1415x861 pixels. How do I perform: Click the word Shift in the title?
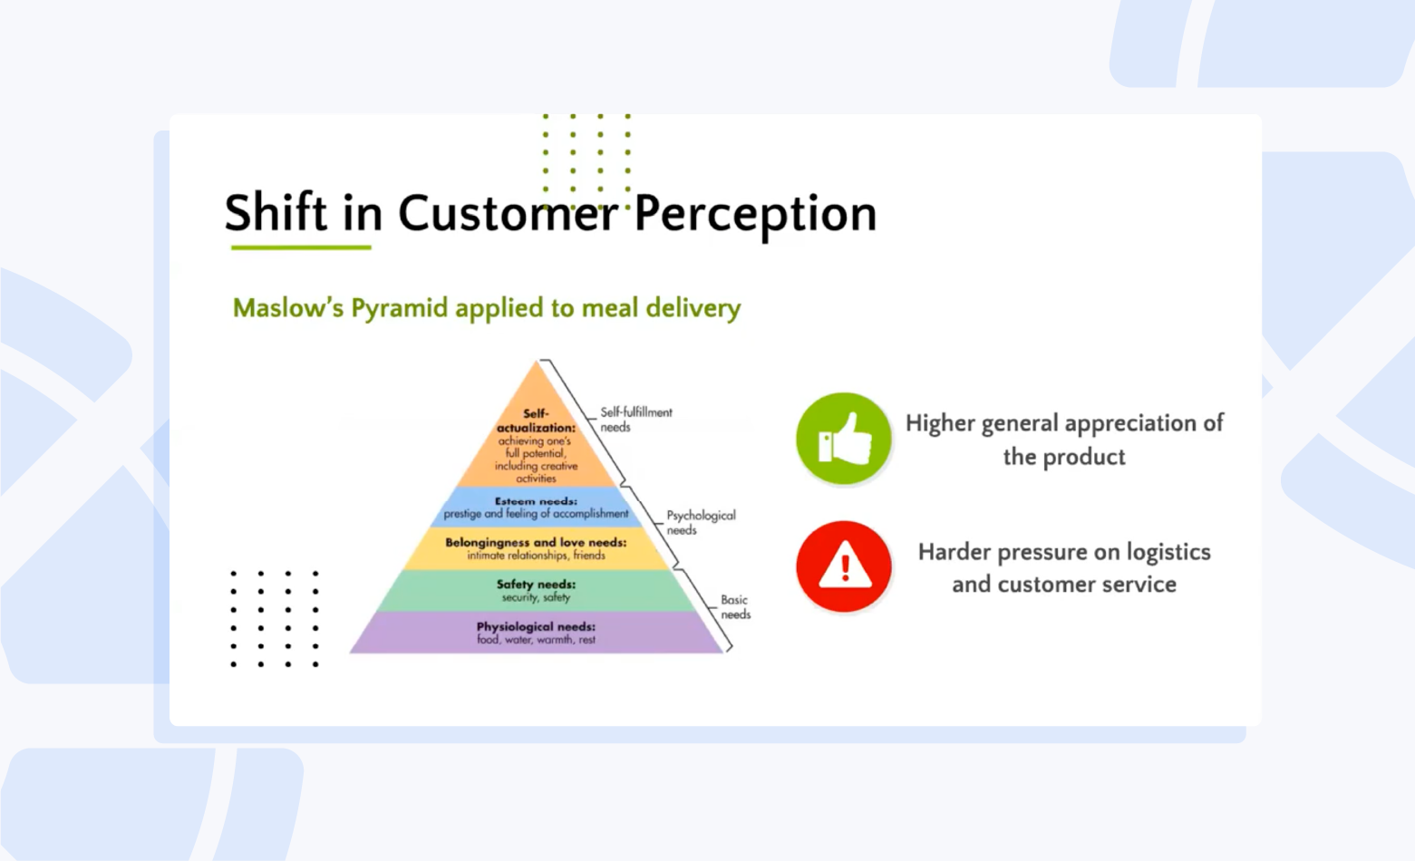pos(276,212)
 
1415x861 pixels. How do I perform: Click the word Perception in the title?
pos(755,216)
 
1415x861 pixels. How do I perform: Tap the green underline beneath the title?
pos(301,247)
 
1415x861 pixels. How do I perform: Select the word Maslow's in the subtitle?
pos(288,307)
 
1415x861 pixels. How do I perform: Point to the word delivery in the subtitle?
pos(693,309)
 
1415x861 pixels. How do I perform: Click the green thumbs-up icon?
pos(844,439)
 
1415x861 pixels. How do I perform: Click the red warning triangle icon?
pos(844,566)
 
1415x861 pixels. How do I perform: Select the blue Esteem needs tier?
pos(536,508)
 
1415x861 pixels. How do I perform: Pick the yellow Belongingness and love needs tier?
pos(536,549)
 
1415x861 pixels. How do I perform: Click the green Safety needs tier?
pos(536,591)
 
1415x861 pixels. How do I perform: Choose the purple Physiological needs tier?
pos(536,633)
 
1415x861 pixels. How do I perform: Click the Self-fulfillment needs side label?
pos(635,420)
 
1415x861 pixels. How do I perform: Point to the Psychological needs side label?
pos(702,522)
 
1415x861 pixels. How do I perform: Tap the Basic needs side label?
pos(735,607)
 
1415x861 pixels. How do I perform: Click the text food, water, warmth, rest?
pos(536,640)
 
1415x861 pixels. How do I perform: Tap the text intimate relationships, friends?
pos(536,556)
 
